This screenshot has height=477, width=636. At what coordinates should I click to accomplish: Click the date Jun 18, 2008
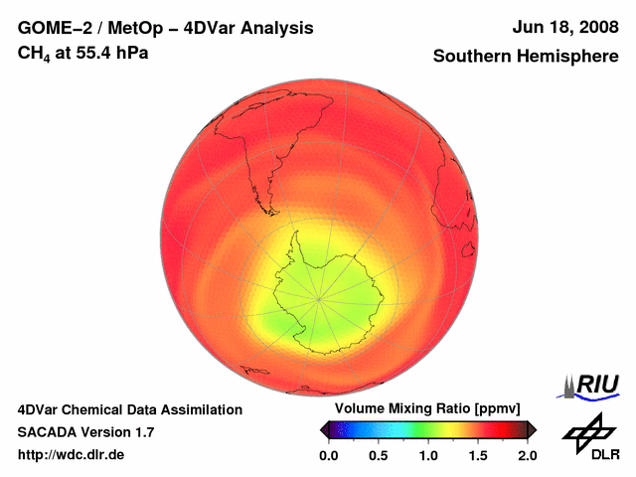pyautogui.click(x=563, y=28)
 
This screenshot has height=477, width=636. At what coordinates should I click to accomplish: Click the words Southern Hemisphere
pyautogui.click(x=525, y=57)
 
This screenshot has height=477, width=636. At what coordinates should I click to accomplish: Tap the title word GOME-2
pyautogui.click(x=57, y=28)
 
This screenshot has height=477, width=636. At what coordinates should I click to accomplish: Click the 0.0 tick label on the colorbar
pyautogui.click(x=328, y=455)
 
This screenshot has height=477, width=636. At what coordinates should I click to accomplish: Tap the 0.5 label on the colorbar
pyautogui.click(x=378, y=455)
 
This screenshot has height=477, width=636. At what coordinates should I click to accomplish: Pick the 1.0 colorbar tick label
pyautogui.click(x=427, y=455)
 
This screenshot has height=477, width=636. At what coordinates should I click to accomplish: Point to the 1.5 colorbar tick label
pyautogui.click(x=477, y=455)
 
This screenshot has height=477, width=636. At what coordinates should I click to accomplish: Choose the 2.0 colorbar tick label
pyautogui.click(x=527, y=455)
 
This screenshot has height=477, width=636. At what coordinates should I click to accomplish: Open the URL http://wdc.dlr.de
pyautogui.click(x=72, y=455)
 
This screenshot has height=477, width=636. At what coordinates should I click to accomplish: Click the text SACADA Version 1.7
pyautogui.click(x=85, y=432)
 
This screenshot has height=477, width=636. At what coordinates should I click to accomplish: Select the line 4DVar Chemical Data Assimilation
pyautogui.click(x=130, y=409)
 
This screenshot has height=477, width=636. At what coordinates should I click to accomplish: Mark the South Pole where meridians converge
pyautogui.click(x=320, y=297)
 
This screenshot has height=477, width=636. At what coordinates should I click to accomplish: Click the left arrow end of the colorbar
pyautogui.click(x=323, y=429)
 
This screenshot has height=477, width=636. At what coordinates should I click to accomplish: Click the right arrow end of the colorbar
pyautogui.click(x=532, y=429)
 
